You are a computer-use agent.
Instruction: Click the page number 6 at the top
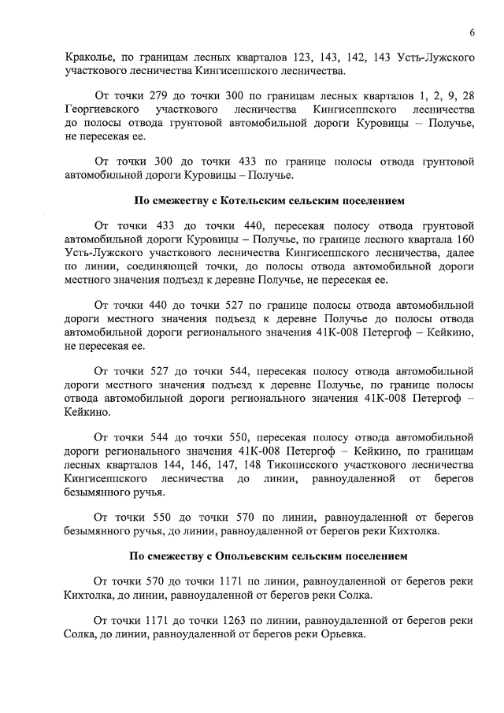[471, 32]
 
